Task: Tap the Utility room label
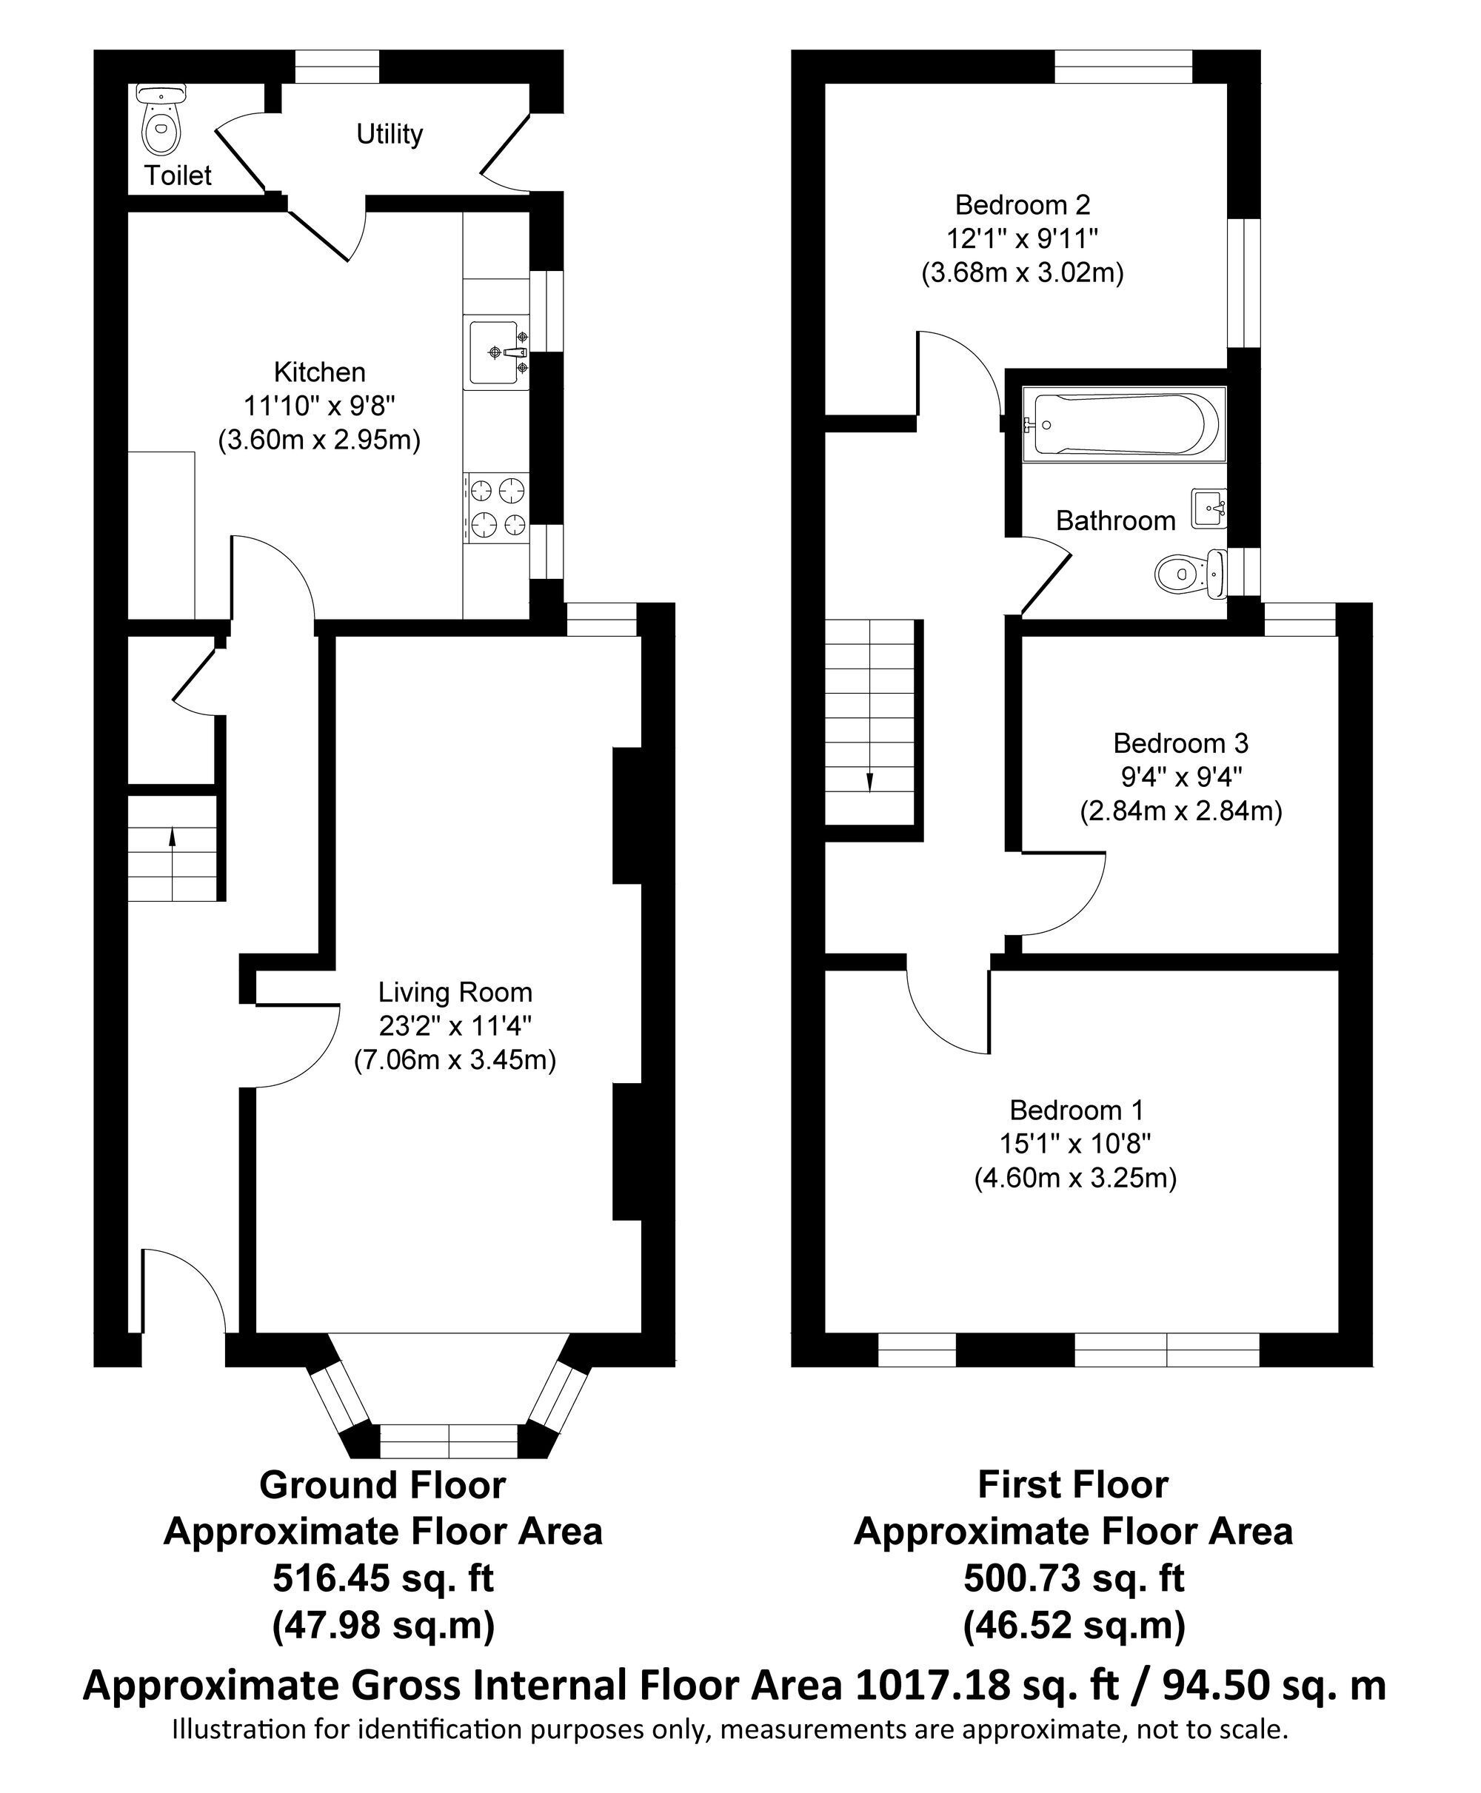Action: click(389, 134)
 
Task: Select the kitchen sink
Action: click(495, 352)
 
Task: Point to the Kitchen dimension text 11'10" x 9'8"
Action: click(319, 405)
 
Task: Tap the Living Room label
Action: click(455, 992)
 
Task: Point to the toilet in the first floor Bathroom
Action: click(1191, 573)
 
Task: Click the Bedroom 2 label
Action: click(1022, 205)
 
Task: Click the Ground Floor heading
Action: click(382, 1485)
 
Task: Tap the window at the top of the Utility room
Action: click(337, 67)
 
